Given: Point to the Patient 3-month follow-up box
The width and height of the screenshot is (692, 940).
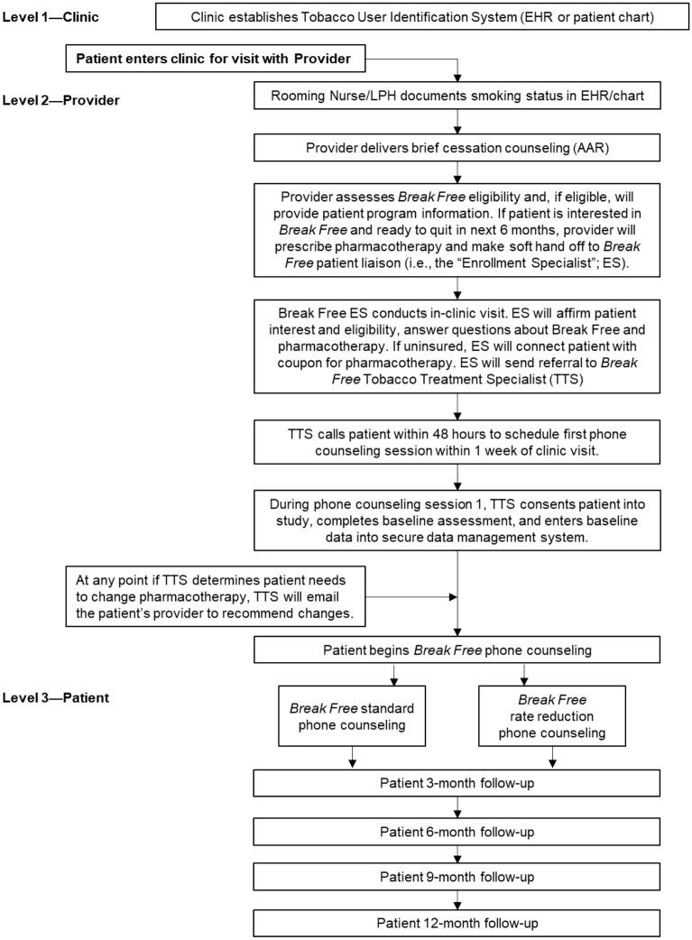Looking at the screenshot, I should click(x=460, y=782).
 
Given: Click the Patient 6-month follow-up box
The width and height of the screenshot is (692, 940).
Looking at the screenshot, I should click(x=460, y=829).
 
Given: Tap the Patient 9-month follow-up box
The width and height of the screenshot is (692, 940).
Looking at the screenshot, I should click(x=460, y=876).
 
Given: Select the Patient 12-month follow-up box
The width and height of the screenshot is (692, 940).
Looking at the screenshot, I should click(x=460, y=923).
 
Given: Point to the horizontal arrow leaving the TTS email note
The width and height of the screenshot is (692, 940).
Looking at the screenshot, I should click(x=415, y=595).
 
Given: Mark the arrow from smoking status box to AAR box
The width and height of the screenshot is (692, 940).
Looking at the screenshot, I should click(x=460, y=122).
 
